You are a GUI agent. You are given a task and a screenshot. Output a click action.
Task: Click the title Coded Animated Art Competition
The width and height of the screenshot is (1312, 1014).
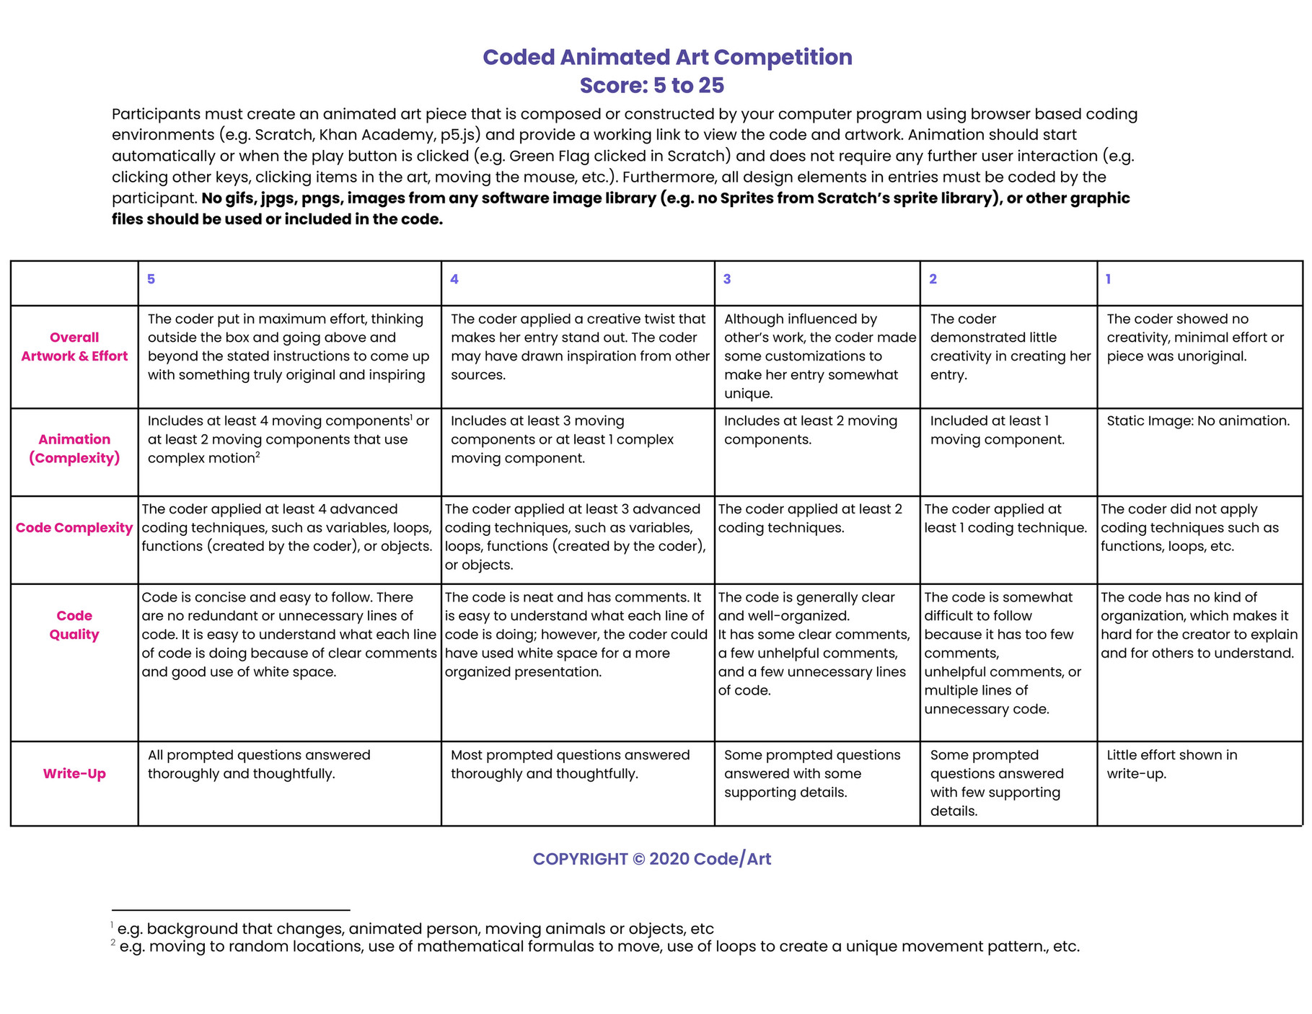click(x=667, y=57)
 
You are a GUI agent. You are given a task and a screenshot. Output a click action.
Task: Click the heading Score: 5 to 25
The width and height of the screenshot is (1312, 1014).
click(x=651, y=85)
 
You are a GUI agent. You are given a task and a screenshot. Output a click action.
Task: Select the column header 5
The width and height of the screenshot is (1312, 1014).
click(x=151, y=279)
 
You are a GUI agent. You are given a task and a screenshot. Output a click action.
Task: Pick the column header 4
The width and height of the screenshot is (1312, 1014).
click(x=454, y=279)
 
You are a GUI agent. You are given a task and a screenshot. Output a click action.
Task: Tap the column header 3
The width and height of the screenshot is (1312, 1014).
click(x=727, y=279)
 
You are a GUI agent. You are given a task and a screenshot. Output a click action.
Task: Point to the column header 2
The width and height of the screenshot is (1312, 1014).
click(x=933, y=279)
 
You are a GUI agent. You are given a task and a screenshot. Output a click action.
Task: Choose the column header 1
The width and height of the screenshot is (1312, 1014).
click(x=1108, y=279)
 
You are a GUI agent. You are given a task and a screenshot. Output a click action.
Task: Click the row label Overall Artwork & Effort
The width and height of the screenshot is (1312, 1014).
click(x=74, y=347)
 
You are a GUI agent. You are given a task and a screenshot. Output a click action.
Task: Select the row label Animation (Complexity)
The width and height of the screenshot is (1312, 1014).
click(x=74, y=449)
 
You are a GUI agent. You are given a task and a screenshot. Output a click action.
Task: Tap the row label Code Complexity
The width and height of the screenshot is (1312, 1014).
click(x=74, y=528)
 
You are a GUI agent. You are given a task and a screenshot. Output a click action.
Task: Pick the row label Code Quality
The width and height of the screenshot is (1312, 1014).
click(x=74, y=625)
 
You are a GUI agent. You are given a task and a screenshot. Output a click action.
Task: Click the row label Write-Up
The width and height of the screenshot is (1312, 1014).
click(x=74, y=774)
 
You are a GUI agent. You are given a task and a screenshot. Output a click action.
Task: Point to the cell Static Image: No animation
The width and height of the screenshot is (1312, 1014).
click(x=1197, y=421)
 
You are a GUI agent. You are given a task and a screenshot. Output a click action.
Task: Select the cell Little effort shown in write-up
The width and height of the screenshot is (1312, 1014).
click(x=1171, y=764)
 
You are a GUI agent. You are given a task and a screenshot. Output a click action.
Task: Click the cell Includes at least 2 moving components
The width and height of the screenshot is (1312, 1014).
click(x=810, y=431)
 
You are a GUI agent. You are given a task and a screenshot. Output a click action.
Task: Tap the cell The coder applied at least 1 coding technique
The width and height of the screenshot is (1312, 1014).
click(x=1005, y=519)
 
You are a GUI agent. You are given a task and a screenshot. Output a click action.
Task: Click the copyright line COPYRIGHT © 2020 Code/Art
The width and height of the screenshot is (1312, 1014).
click(x=651, y=859)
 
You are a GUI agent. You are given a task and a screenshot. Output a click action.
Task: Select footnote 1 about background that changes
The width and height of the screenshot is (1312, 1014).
click(x=415, y=929)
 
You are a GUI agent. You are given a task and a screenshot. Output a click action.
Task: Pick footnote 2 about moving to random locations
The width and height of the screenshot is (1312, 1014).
click(x=599, y=946)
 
